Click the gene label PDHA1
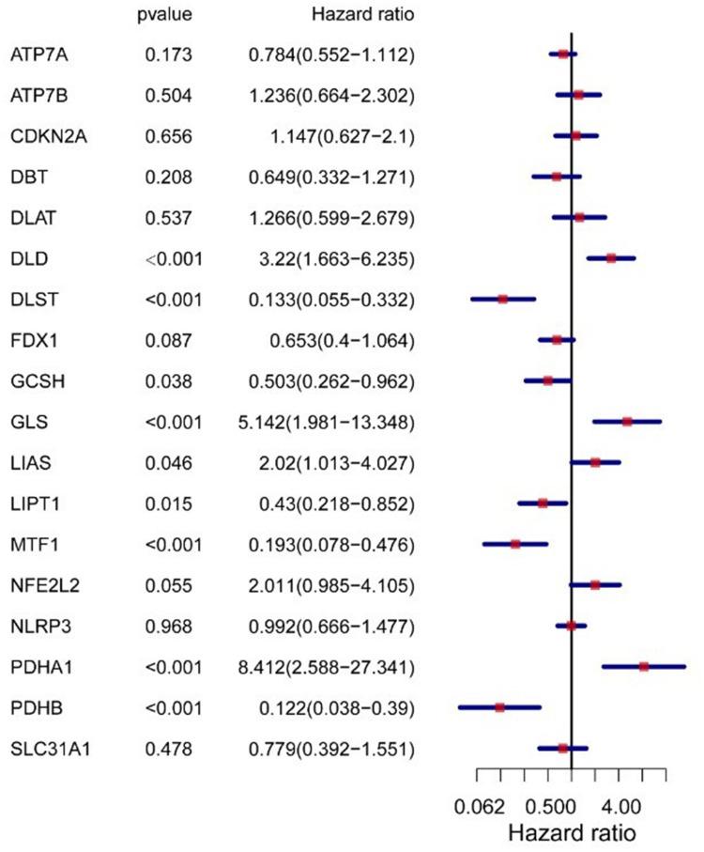click(x=37, y=667)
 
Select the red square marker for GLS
click(x=627, y=422)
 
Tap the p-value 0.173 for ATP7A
click(x=169, y=54)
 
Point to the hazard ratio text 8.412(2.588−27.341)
click(x=326, y=667)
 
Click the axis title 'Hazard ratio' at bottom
click(x=572, y=832)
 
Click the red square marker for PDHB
click(x=499, y=707)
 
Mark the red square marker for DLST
click(x=502, y=299)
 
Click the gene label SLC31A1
click(x=42, y=749)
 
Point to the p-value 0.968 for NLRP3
click(x=169, y=627)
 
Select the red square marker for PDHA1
click(x=644, y=667)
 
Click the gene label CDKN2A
click(x=42, y=136)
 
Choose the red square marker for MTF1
click(x=515, y=544)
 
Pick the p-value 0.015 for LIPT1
click(x=169, y=503)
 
